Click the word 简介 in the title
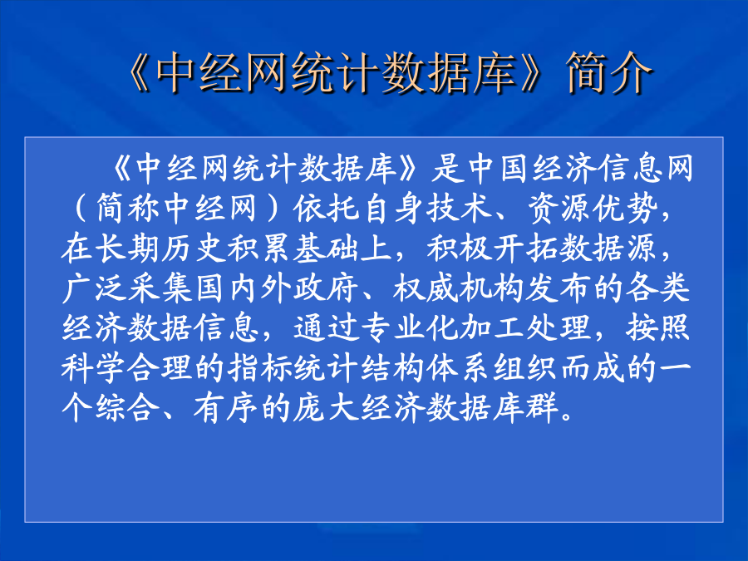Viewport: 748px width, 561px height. (608, 72)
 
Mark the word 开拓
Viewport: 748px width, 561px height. (525, 249)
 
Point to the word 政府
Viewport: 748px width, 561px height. (326, 288)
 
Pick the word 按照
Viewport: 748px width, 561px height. (658, 328)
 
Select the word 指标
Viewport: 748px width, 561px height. (260, 369)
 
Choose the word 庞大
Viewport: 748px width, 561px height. (326, 409)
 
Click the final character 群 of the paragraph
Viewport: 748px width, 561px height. (542, 409)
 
